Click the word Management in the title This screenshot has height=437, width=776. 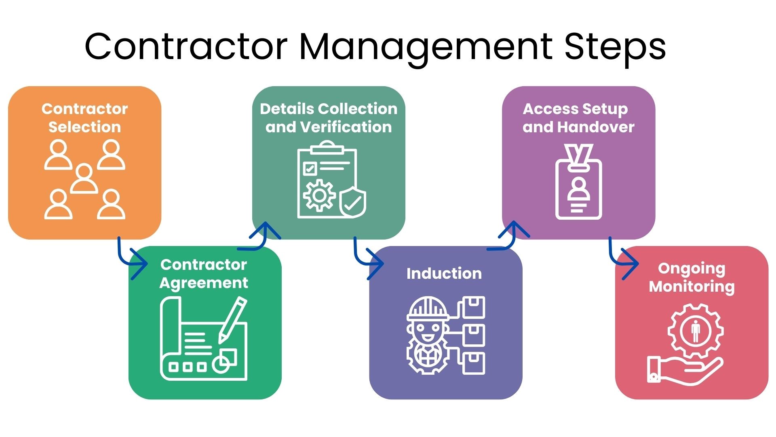[425, 47]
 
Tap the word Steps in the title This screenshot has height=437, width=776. [615, 47]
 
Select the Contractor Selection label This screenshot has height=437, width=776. [84, 118]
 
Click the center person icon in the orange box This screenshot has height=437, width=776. [84, 179]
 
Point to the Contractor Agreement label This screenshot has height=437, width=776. [204, 274]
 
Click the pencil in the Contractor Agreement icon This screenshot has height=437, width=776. [233, 320]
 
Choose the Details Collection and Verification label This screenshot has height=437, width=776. [329, 118]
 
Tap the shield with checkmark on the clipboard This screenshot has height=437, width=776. [352, 202]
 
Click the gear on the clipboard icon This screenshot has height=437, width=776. [319, 195]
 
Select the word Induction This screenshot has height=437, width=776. [444, 274]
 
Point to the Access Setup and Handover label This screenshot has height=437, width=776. [578, 118]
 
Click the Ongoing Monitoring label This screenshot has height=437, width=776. [692, 277]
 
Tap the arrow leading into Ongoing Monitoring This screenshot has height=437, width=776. [622, 259]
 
